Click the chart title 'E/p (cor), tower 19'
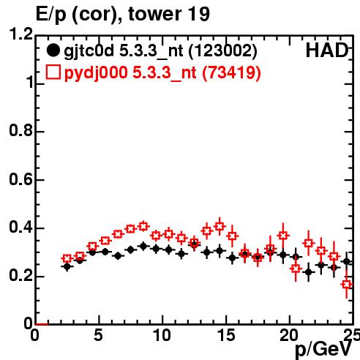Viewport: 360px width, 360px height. (123, 14)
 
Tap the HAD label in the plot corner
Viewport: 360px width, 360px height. (326, 50)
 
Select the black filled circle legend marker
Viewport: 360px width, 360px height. (53, 50)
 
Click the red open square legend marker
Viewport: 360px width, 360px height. (53, 72)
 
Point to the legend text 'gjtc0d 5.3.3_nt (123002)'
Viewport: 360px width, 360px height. (160, 51)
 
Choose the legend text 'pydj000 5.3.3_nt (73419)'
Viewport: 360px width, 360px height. (162, 73)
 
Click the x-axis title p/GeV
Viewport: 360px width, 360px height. (323, 349)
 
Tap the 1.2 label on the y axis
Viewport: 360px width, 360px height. (21, 34)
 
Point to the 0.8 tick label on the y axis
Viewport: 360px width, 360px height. (21, 130)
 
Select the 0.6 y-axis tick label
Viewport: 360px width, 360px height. (21, 179)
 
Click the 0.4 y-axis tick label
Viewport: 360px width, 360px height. (21, 228)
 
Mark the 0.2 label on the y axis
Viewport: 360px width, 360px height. (21, 276)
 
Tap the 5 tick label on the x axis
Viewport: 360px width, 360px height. (98, 335)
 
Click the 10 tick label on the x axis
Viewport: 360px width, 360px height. (162, 335)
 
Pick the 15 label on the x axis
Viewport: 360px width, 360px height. (226, 335)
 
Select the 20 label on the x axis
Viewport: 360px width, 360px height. (289, 335)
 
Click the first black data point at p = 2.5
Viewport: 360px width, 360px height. (67, 266)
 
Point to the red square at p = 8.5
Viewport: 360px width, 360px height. (143, 226)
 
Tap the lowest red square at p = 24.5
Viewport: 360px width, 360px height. (347, 285)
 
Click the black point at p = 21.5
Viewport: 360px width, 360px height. (309, 271)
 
